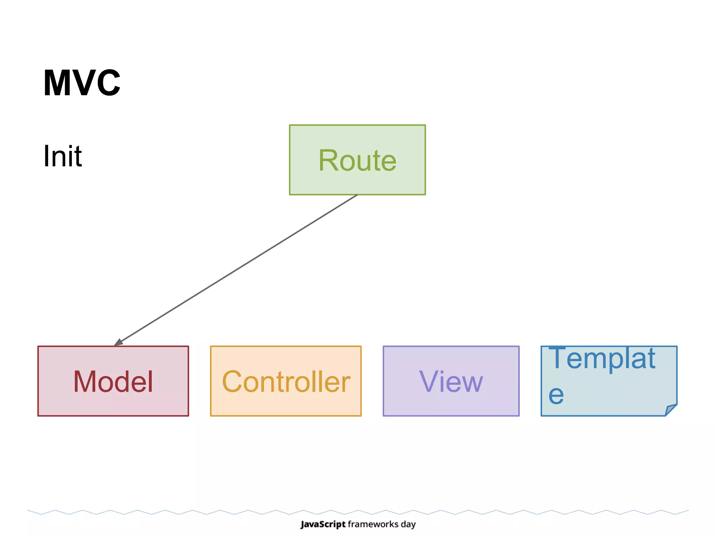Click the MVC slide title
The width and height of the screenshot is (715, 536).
(x=82, y=83)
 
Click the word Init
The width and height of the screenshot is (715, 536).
(x=62, y=156)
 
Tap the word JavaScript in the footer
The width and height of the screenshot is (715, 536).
(x=323, y=524)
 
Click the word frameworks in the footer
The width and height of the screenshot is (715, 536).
(x=373, y=524)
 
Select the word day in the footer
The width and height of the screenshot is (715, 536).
(x=408, y=524)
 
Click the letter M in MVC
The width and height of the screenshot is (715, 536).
(x=56, y=83)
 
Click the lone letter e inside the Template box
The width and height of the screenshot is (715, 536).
(x=556, y=395)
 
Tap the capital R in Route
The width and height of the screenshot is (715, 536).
(x=329, y=161)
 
